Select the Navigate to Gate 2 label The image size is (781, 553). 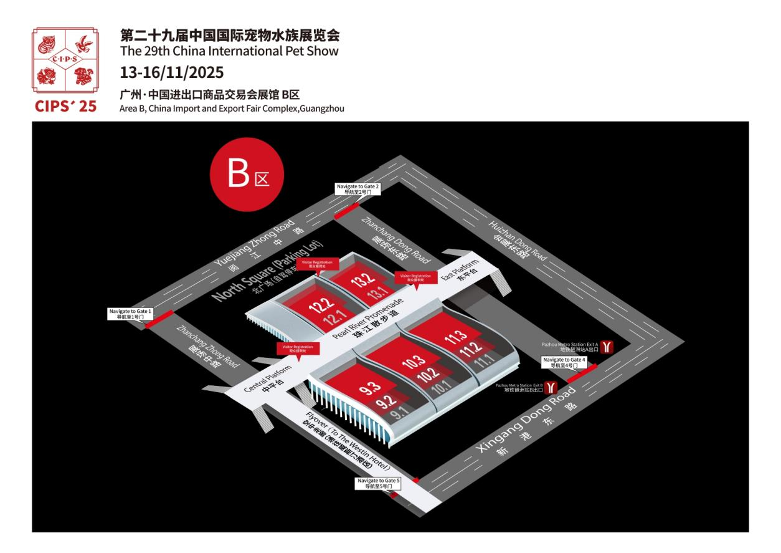point(357,189)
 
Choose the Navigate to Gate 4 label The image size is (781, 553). point(564,362)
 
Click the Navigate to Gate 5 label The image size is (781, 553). point(377,483)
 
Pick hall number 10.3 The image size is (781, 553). point(414,362)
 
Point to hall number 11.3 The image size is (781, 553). point(456,337)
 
